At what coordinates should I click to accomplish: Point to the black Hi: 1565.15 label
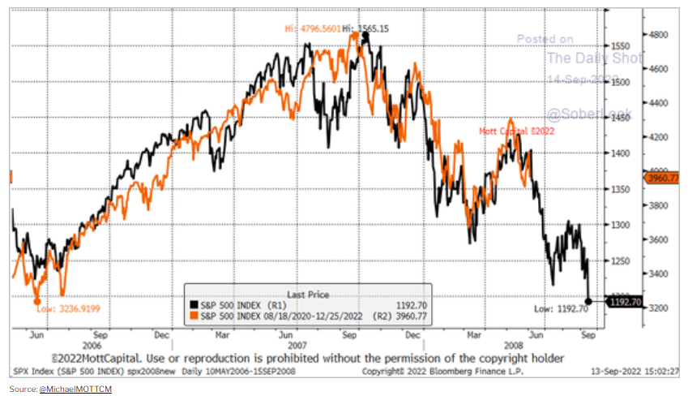pyautogui.click(x=367, y=28)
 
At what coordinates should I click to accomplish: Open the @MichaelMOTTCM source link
pyautogui.click(x=75, y=390)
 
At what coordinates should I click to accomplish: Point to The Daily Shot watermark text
pyautogui.click(x=594, y=58)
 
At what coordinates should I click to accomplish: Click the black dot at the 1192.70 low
pyautogui.click(x=588, y=300)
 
